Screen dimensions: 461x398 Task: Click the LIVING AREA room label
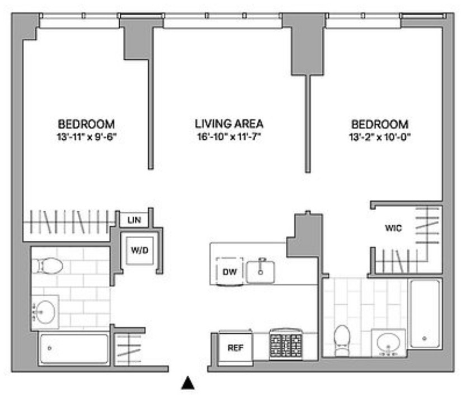[229, 124]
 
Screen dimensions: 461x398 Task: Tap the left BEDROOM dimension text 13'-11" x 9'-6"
[87, 137]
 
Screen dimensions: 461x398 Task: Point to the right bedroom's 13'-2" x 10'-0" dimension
[379, 137]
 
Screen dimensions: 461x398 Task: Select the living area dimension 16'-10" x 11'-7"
[229, 136]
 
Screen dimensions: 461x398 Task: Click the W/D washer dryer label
[140, 250]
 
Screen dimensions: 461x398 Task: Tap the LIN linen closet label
[134, 220]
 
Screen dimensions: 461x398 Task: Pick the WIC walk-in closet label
[393, 228]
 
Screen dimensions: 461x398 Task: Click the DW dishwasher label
[229, 272]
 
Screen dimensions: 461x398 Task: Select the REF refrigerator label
[236, 348]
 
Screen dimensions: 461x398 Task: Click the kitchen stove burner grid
[286, 344]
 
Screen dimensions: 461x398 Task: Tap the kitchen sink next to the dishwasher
[261, 272]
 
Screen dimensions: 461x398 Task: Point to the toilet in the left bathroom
[47, 266]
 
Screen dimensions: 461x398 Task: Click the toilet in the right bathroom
[342, 340]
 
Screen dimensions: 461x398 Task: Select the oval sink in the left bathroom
[45, 312]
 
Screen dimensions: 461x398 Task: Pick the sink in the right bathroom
[388, 343]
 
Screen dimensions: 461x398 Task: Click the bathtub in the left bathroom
[74, 349]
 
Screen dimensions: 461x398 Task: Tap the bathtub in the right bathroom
[425, 314]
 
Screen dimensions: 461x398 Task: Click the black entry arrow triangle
[188, 383]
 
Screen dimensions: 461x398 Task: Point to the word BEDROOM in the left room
[86, 124]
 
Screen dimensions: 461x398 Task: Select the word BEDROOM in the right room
[380, 125]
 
